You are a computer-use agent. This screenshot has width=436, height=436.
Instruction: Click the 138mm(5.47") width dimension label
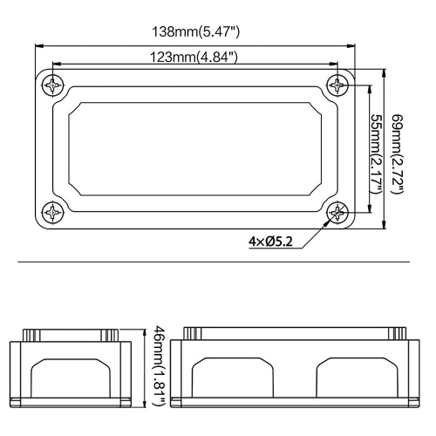(194, 33)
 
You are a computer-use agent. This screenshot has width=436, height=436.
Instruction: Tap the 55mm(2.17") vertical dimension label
(376, 147)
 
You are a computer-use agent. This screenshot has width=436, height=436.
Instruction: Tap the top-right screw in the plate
(337, 85)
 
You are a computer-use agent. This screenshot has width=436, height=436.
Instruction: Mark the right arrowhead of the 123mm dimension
(335, 65)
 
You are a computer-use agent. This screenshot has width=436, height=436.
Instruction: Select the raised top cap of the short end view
(71, 334)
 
